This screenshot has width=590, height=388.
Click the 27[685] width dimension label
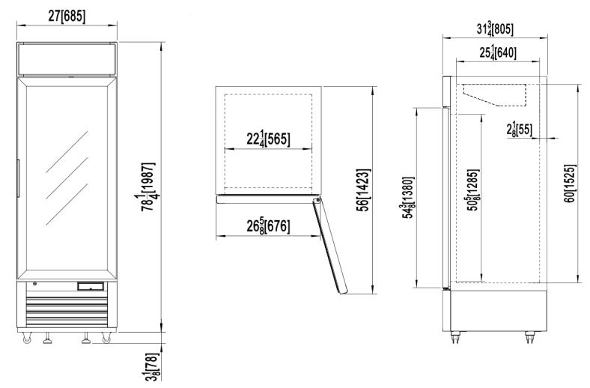click(x=67, y=16)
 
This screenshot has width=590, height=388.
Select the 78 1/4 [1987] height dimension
click(x=148, y=187)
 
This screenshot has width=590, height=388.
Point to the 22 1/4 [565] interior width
click(x=268, y=139)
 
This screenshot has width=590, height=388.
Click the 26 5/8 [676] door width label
click(x=268, y=226)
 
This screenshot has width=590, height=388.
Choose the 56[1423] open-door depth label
click(x=363, y=190)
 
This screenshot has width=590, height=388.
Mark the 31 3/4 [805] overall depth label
click(x=495, y=28)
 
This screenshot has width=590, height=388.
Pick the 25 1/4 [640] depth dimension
click(x=497, y=52)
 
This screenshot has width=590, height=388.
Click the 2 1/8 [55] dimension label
click(x=520, y=130)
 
